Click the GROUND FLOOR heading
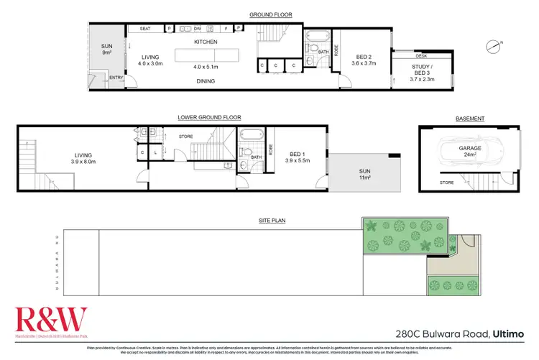[x=269, y=14]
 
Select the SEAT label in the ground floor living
[x=144, y=29]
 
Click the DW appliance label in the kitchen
[x=196, y=29]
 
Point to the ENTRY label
[x=116, y=78]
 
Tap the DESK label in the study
[x=421, y=55]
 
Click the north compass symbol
[x=492, y=47]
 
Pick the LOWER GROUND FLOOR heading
[x=209, y=117]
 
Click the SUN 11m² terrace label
[x=364, y=174]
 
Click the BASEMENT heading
[x=470, y=119]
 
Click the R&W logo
[x=50, y=317]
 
